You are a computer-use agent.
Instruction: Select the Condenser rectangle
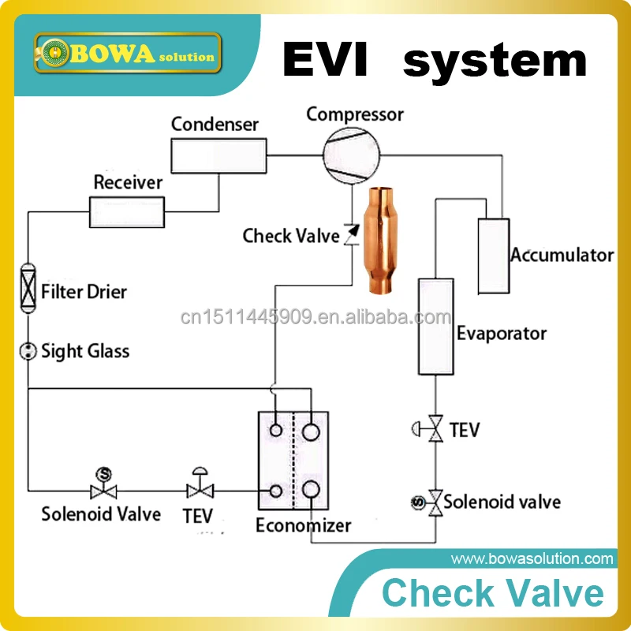pyautogui.click(x=218, y=154)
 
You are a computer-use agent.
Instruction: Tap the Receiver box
pyautogui.click(x=127, y=211)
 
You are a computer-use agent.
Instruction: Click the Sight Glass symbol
pyautogui.click(x=28, y=351)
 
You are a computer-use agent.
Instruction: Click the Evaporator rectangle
pyautogui.click(x=435, y=324)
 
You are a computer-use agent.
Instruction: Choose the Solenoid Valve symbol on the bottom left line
pyautogui.click(x=103, y=487)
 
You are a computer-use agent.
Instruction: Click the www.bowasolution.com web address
pyautogui.click(x=532, y=559)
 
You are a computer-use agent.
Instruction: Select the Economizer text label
pyautogui.click(x=304, y=525)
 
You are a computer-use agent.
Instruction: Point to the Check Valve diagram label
pyautogui.click(x=291, y=235)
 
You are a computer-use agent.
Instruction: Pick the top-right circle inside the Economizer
pyautogui.click(x=311, y=431)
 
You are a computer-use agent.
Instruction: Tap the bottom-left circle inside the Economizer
pyautogui.click(x=276, y=491)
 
